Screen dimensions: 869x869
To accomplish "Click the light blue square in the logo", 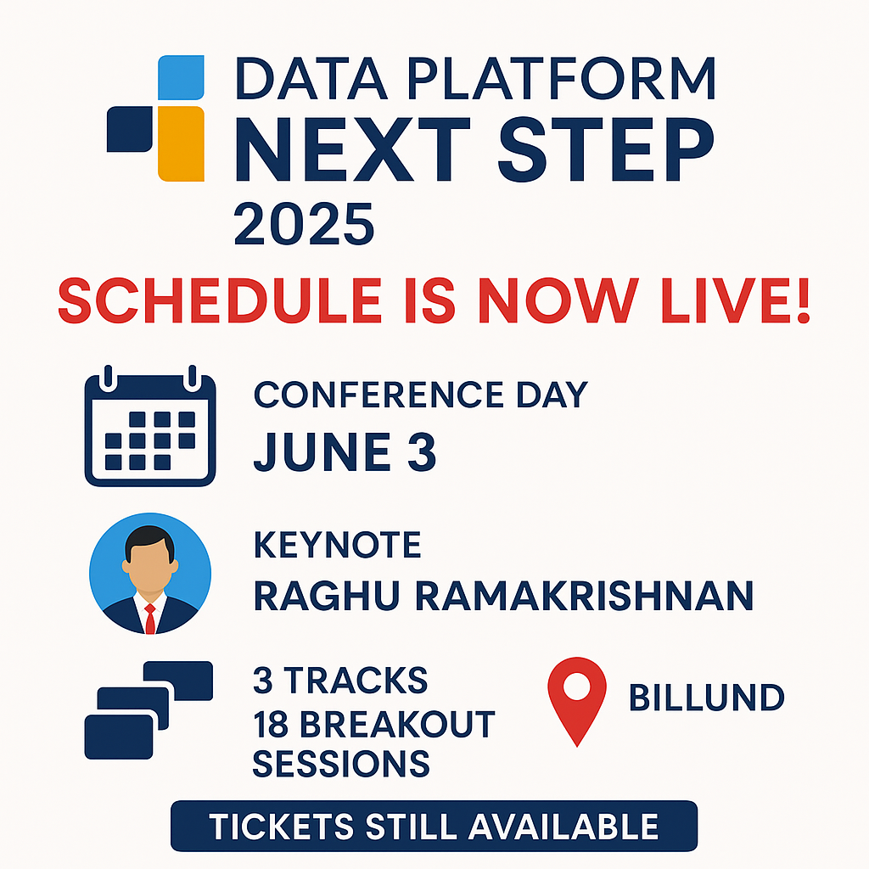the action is [182, 77].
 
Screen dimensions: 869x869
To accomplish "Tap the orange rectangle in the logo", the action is [182, 143].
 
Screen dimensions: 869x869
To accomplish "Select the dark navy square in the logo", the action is [130, 129].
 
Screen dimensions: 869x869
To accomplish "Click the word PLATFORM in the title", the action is [561, 78].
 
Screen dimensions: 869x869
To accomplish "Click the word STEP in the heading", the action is [606, 149].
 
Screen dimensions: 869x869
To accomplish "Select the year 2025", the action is [305, 224].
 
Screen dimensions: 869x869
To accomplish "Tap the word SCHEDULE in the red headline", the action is [220, 300].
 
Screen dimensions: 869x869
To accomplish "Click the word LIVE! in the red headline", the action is [736, 300].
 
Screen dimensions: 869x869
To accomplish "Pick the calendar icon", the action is [150, 426].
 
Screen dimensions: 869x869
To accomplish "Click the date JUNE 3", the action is [345, 451].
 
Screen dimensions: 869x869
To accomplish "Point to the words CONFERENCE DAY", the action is [421, 395].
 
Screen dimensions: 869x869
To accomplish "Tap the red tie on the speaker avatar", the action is [149, 619].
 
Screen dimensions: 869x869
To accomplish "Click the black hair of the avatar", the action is [149, 541].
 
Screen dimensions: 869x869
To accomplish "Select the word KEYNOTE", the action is [337, 545].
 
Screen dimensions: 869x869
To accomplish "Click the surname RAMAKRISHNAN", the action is [584, 597].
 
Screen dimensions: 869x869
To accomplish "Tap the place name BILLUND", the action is [707, 698].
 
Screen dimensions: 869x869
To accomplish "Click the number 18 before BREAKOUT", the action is [271, 724].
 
